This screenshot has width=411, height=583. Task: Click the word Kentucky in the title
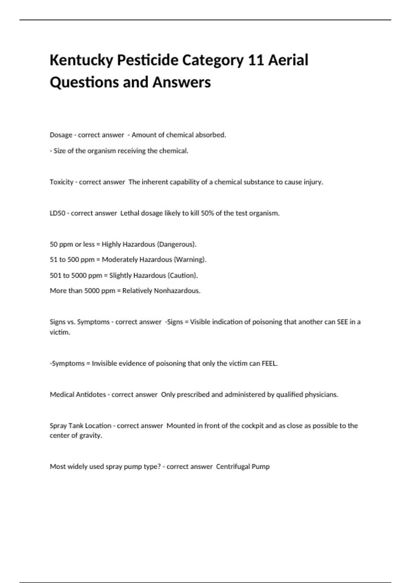tap(81, 60)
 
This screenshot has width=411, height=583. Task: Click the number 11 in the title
tap(256, 60)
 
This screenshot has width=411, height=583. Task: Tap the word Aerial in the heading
tap(288, 60)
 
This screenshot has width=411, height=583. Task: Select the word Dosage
tap(61, 135)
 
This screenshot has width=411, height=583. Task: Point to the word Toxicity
tap(61, 182)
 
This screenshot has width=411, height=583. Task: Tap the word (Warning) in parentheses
tap(190, 260)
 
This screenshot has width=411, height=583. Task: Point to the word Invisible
tap(104, 364)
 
